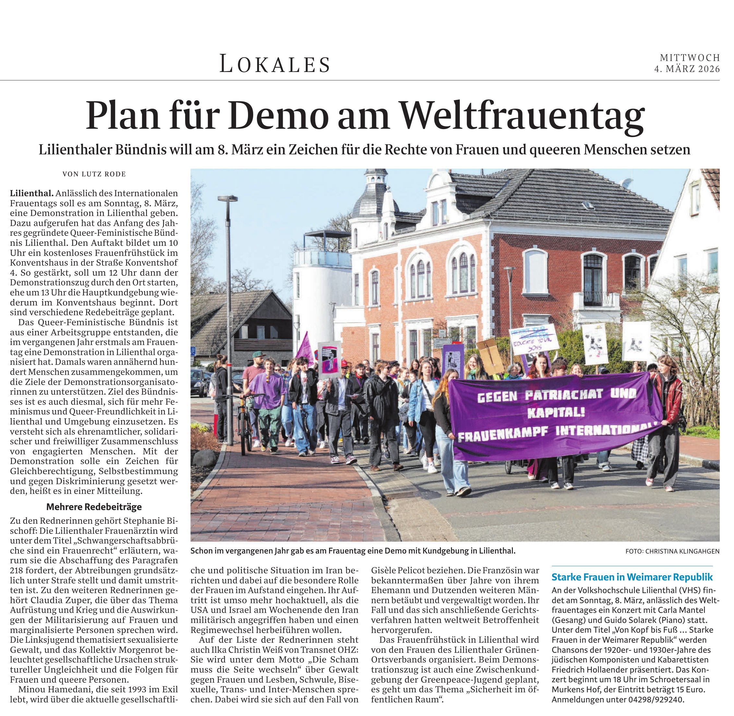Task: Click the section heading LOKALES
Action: pyautogui.click(x=275, y=64)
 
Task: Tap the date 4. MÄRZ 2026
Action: pyautogui.click(x=687, y=69)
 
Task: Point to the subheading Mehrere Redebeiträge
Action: pyautogui.click(x=94, y=507)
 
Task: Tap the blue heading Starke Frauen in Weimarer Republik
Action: pyautogui.click(x=632, y=577)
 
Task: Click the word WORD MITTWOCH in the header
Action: pyautogui.click(x=690, y=57)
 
